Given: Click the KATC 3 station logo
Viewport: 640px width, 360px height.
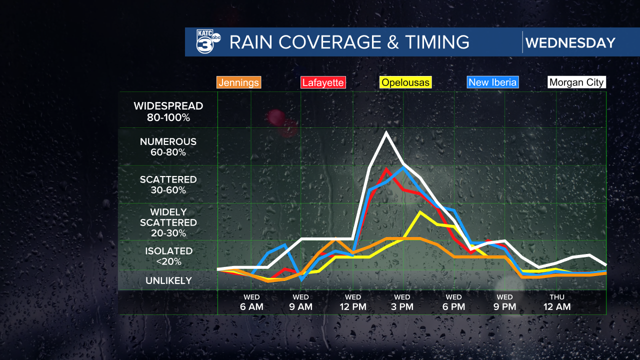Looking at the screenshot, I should point(208,41).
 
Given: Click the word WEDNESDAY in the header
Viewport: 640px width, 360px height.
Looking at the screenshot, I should point(570,42).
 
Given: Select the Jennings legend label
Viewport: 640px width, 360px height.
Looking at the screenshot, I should point(239,82).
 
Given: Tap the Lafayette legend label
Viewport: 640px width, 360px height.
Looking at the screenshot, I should point(322,82).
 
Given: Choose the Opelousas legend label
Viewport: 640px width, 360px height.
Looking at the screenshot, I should point(405,82).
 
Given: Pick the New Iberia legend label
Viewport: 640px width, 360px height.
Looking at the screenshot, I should point(492,82).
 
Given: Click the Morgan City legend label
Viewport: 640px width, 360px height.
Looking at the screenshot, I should point(576,82).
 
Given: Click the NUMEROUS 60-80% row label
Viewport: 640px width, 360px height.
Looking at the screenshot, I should point(168,147).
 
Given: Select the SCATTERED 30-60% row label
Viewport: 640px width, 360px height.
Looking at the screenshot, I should point(168,184).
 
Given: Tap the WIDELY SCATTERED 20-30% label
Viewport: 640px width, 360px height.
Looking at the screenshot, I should point(168,222).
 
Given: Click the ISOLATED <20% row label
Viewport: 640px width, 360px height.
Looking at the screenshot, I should point(168,256).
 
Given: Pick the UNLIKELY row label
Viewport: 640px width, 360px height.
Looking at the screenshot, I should point(168,280).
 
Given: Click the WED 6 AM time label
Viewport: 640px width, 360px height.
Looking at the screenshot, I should point(251,302).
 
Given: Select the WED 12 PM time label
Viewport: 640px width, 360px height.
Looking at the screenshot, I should point(353,302).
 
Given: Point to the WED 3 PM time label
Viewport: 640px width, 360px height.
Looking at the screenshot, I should point(402,302).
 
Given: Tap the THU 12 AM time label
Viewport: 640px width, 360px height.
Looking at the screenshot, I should point(556,302).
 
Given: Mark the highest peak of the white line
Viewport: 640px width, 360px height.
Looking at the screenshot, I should point(386,132).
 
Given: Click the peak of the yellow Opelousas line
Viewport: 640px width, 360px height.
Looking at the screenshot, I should point(420,212).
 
